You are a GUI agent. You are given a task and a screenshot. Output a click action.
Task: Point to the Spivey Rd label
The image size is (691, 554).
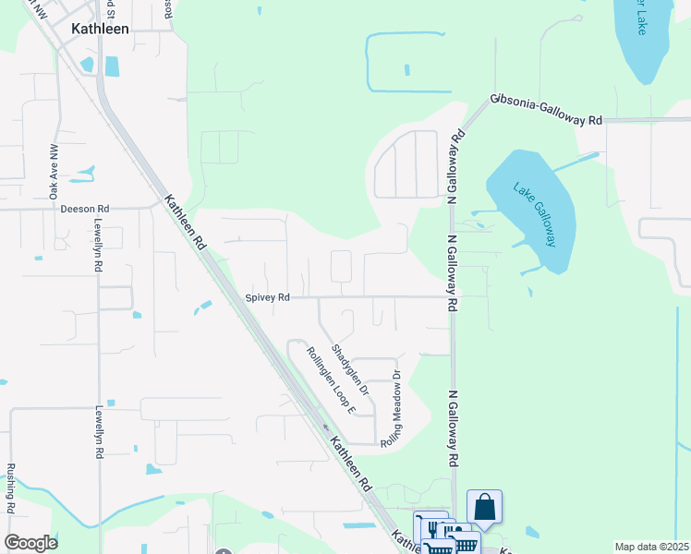[x=268, y=297]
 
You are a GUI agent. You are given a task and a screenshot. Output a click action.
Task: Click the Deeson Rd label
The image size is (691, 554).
[x=85, y=209]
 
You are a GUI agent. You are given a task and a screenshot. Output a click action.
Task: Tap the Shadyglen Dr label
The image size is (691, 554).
[x=349, y=370]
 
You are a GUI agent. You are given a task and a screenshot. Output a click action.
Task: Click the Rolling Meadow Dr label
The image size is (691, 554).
[x=392, y=409]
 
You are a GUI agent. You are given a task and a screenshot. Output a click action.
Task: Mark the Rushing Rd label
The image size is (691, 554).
[x=11, y=488]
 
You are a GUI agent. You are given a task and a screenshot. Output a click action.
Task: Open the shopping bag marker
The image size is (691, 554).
[x=484, y=507]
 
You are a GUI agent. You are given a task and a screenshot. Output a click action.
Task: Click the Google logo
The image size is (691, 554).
[x=30, y=542]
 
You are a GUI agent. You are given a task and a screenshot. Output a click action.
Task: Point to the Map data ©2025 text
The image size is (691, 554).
[x=651, y=547]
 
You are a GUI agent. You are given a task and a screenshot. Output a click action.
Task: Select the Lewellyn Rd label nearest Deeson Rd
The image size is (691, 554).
[x=97, y=247]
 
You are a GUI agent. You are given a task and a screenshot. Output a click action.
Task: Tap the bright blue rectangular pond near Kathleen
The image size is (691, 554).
[x=112, y=66]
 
